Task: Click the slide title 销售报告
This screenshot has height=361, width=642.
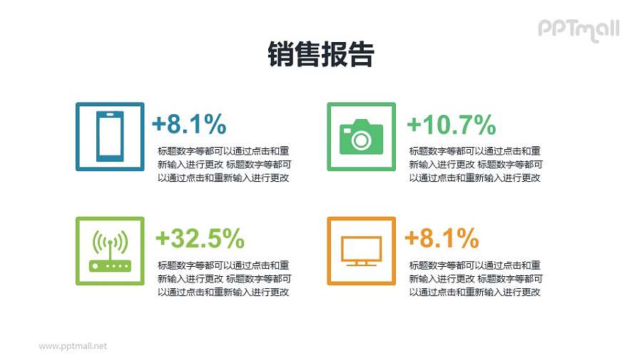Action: point(321,54)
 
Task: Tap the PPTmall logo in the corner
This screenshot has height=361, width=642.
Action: point(578,29)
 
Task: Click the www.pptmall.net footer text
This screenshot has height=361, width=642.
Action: point(73,346)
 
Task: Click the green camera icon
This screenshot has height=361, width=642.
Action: point(361,136)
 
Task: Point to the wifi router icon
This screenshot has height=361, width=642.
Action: point(110,251)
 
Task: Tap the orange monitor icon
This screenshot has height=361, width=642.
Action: point(361,251)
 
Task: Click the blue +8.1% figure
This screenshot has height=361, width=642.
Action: point(189,125)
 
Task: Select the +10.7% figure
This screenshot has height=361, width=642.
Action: point(451,125)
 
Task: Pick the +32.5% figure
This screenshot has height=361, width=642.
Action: point(200,238)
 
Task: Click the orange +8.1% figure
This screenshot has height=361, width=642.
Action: point(442,238)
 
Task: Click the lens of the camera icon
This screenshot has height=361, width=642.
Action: point(361,140)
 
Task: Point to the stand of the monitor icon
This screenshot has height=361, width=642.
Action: point(361,263)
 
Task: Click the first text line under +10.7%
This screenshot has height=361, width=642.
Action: point(474,151)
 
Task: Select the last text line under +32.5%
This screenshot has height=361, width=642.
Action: point(223,291)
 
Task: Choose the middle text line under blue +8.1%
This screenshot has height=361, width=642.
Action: point(223,164)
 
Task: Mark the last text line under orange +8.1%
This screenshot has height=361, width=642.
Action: point(474,291)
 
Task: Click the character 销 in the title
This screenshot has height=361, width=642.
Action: point(280,54)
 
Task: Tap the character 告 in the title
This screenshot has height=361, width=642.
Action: point(362,54)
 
